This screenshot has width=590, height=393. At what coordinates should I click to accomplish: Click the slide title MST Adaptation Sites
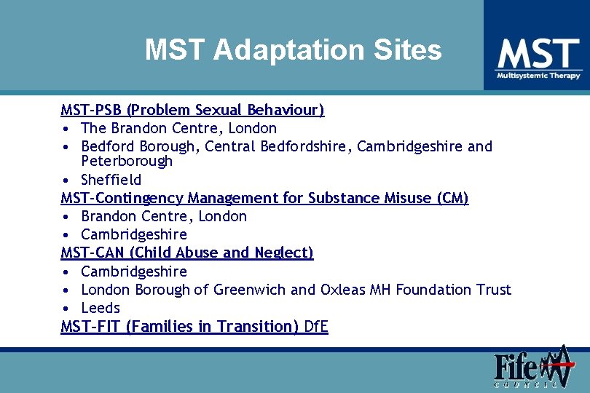[293, 50]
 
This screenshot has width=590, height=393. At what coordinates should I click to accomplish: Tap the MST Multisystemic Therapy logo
[538, 58]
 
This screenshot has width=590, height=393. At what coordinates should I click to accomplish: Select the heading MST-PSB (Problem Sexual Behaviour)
[192, 110]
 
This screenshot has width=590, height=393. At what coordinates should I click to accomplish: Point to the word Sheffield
[111, 180]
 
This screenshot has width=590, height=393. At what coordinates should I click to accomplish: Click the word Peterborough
[127, 162]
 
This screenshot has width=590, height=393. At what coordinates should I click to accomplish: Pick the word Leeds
[101, 308]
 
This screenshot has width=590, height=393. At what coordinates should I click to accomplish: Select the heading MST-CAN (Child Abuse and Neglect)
[187, 253]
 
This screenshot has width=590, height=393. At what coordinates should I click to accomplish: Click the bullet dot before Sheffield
[66, 180]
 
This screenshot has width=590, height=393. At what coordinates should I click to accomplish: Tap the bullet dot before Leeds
[66, 308]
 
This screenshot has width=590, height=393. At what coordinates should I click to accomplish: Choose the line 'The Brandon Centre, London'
[178, 128]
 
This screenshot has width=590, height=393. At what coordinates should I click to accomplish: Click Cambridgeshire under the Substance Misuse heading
[134, 234]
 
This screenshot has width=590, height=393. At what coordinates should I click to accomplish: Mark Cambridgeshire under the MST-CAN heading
[134, 271]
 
